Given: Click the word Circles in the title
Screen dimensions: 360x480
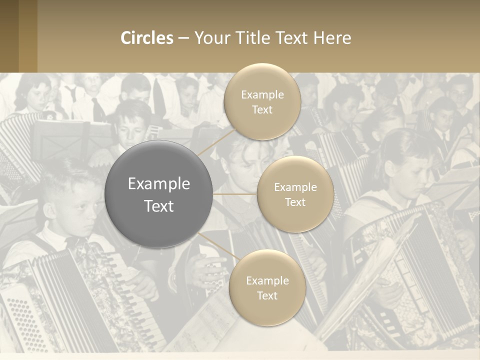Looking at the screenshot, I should pyautogui.click(x=147, y=38).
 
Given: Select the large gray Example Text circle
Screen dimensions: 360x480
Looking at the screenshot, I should pyautogui.click(x=159, y=194).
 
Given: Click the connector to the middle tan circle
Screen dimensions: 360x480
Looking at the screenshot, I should pyautogui.click(x=235, y=194).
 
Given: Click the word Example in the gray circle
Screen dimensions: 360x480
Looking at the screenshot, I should pyautogui.click(x=159, y=184).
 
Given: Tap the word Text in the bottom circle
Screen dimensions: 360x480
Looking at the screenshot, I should pyautogui.click(x=267, y=296).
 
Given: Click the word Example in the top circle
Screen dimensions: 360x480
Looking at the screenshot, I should pyautogui.click(x=262, y=95).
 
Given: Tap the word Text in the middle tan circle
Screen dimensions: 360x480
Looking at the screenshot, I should pyautogui.click(x=295, y=202).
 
